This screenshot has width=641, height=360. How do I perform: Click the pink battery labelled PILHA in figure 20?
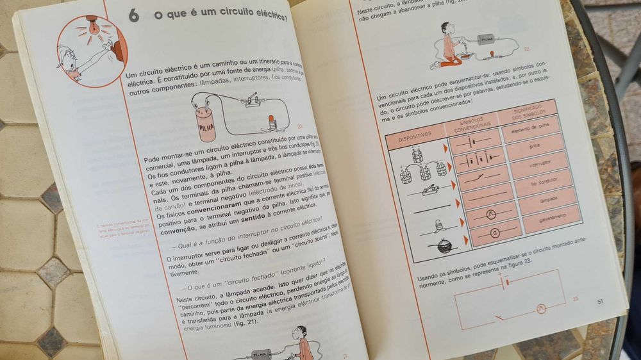click(x=206, y=124)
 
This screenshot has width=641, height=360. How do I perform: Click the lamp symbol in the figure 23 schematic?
click(x=541, y=309)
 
